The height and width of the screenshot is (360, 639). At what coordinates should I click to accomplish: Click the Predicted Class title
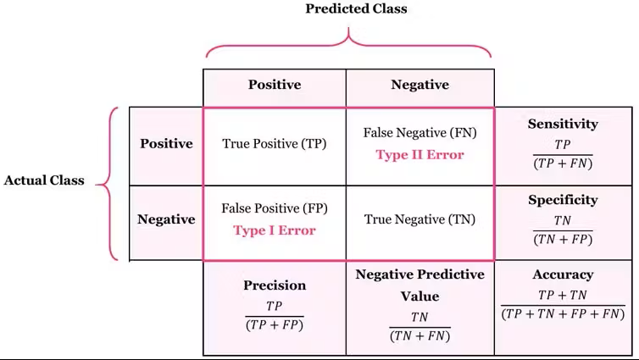356,8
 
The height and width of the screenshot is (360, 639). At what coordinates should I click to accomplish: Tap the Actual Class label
44,180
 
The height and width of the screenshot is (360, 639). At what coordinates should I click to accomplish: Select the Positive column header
275,85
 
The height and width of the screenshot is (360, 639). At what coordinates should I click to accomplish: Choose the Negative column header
420,85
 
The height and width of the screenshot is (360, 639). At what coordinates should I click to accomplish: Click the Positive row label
166,143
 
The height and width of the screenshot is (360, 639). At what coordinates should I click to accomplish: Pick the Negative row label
166,219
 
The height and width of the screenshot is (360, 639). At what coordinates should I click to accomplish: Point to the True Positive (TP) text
275,143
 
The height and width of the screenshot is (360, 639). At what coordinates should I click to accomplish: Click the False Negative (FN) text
420,132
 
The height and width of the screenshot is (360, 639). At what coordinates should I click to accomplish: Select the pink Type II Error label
420,155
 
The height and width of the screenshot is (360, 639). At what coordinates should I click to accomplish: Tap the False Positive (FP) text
275,208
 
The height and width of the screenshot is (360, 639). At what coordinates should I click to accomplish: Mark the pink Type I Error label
275,230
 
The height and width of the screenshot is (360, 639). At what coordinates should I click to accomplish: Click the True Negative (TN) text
420,219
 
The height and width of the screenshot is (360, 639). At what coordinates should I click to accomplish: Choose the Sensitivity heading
563,124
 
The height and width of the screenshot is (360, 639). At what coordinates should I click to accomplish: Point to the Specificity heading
563,200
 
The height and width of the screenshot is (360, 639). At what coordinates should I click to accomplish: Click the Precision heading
275,285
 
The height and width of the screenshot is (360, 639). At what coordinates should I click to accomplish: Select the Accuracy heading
563,274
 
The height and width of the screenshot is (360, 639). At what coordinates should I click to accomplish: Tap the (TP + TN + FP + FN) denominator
563,314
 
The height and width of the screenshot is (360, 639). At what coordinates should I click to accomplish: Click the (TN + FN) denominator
420,336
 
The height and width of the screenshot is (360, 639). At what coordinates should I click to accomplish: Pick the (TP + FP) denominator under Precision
275,325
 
